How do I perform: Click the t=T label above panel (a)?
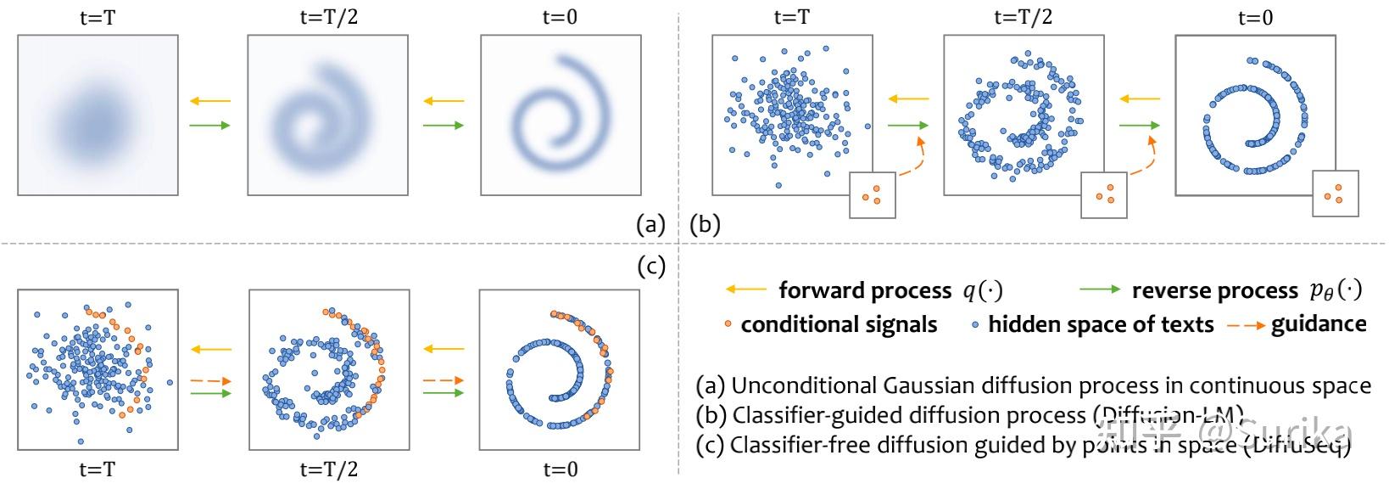point(98,18)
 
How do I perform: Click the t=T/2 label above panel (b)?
point(1023,18)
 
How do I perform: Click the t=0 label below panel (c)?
point(560,469)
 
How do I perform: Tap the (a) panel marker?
point(650,224)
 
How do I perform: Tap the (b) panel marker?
point(706,224)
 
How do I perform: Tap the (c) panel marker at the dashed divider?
point(650,267)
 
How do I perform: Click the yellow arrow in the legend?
point(746,290)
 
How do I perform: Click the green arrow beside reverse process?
point(1099,290)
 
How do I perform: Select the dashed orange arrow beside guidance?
point(1245,325)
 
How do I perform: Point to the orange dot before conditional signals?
point(728,325)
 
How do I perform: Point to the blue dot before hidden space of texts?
point(976,325)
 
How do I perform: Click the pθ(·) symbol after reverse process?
point(1336,290)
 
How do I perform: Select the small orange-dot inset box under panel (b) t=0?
point(1335,193)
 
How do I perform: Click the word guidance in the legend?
point(1319,324)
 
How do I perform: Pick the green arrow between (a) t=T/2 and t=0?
point(443,126)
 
